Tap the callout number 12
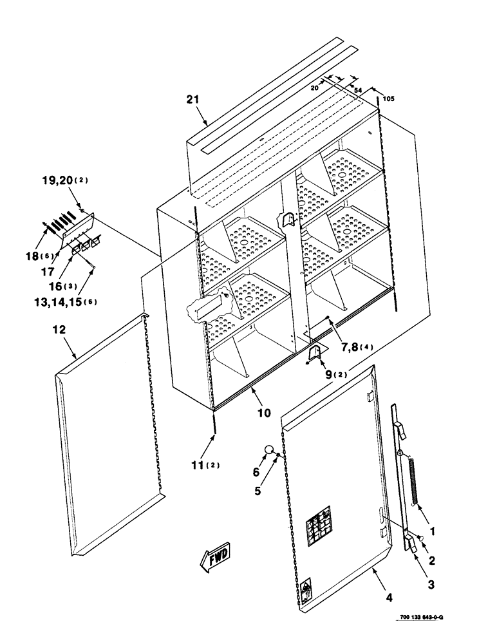tap(59, 330)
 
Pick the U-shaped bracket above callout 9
tap(314, 354)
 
